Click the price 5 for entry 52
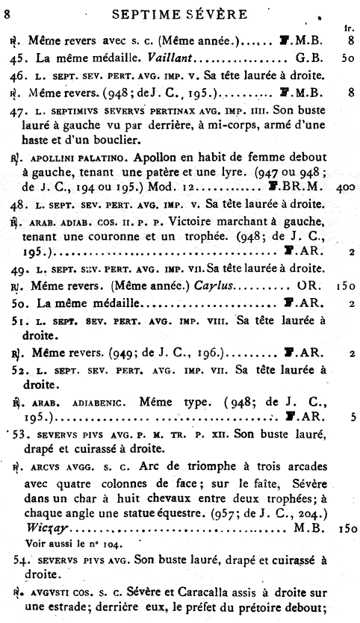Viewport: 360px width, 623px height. [350, 418]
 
